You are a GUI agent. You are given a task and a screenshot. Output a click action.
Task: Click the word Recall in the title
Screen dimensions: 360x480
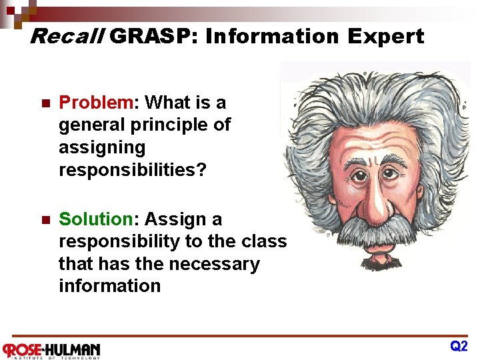pyautogui.click(x=67, y=36)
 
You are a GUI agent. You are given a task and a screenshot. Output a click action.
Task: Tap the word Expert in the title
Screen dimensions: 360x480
pyautogui.click(x=385, y=36)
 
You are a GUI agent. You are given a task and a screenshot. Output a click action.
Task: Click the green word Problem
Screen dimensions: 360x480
pyautogui.click(x=96, y=102)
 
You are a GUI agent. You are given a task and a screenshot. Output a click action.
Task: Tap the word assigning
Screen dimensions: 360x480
pyautogui.click(x=102, y=147)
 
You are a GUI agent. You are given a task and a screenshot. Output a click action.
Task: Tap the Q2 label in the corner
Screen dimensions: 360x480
pyautogui.click(x=459, y=346)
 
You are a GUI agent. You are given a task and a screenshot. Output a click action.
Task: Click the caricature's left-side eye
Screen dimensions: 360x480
pyautogui.click(x=357, y=177)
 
